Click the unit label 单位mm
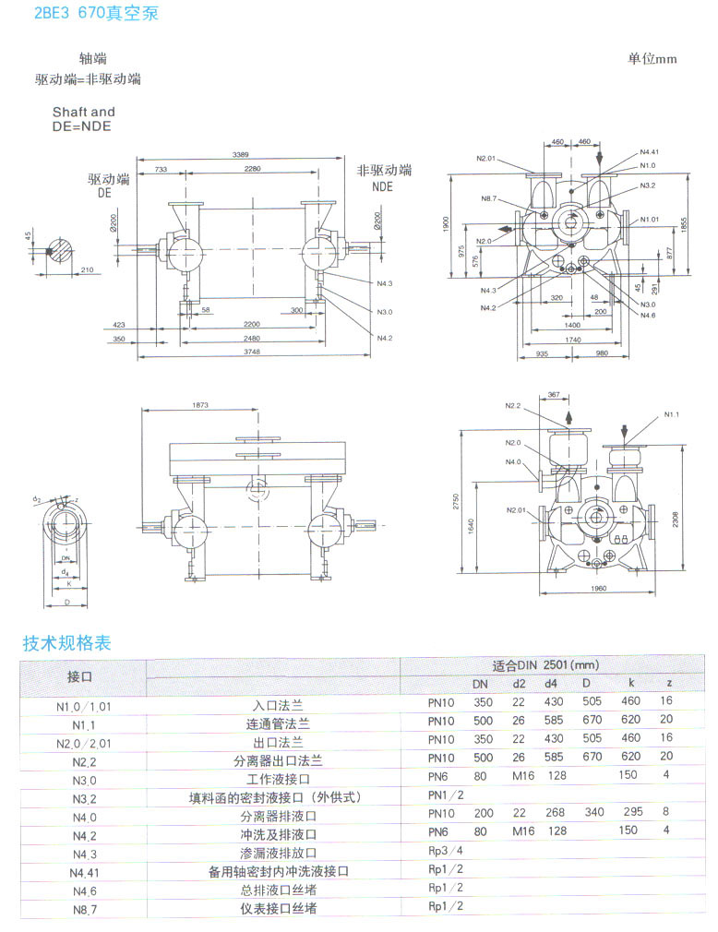point(652,58)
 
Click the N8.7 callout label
point(488,199)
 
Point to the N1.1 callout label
point(671,415)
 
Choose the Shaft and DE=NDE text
point(83,119)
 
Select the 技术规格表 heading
point(66,643)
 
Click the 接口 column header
point(81,676)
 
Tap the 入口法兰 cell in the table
point(275,706)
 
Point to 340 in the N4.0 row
point(593,813)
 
